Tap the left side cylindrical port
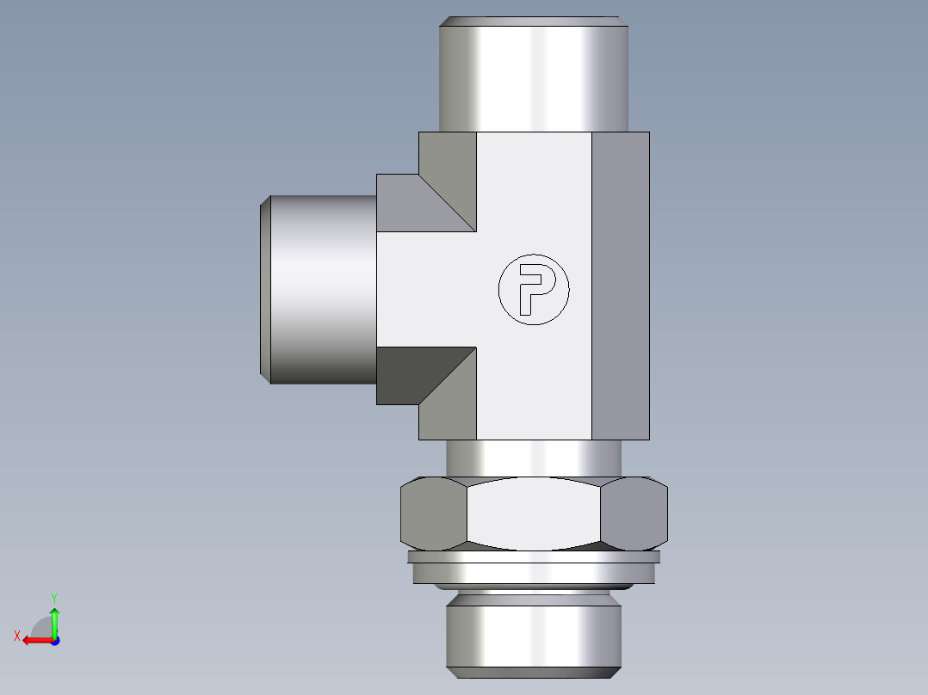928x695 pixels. [x=324, y=289]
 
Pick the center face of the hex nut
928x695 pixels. [x=534, y=514]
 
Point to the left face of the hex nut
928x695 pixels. [x=433, y=514]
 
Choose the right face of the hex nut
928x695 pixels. [x=634, y=514]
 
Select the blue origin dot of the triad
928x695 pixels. [x=54, y=640]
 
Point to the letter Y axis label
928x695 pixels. [x=53, y=596]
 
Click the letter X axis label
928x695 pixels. [x=16, y=636]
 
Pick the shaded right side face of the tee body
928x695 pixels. [x=620, y=286]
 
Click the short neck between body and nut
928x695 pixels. [x=533, y=457]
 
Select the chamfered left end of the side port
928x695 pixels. [x=265, y=289]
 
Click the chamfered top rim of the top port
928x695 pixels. [x=535, y=21]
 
